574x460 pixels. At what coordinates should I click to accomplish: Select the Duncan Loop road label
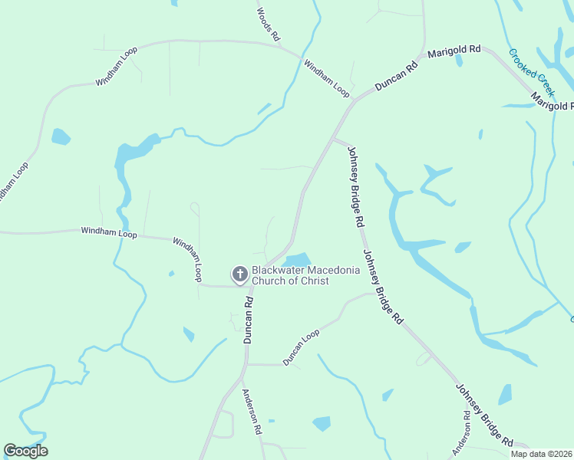[x=301, y=347]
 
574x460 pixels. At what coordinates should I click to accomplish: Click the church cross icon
[x=240, y=274]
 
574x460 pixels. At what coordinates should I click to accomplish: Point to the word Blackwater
[x=279, y=271]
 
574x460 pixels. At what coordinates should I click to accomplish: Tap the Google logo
[x=26, y=451]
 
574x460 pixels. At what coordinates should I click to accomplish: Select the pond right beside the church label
[x=298, y=260]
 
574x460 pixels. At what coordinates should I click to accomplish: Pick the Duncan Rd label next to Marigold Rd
[x=396, y=77]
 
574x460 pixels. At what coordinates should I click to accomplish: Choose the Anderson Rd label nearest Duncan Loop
[x=252, y=412]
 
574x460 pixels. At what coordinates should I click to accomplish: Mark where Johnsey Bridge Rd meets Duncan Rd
[x=334, y=139]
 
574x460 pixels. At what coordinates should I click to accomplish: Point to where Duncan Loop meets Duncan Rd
[x=247, y=365]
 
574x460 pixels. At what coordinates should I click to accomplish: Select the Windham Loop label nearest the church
[x=186, y=258]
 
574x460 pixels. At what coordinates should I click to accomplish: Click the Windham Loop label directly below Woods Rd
[x=327, y=78]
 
